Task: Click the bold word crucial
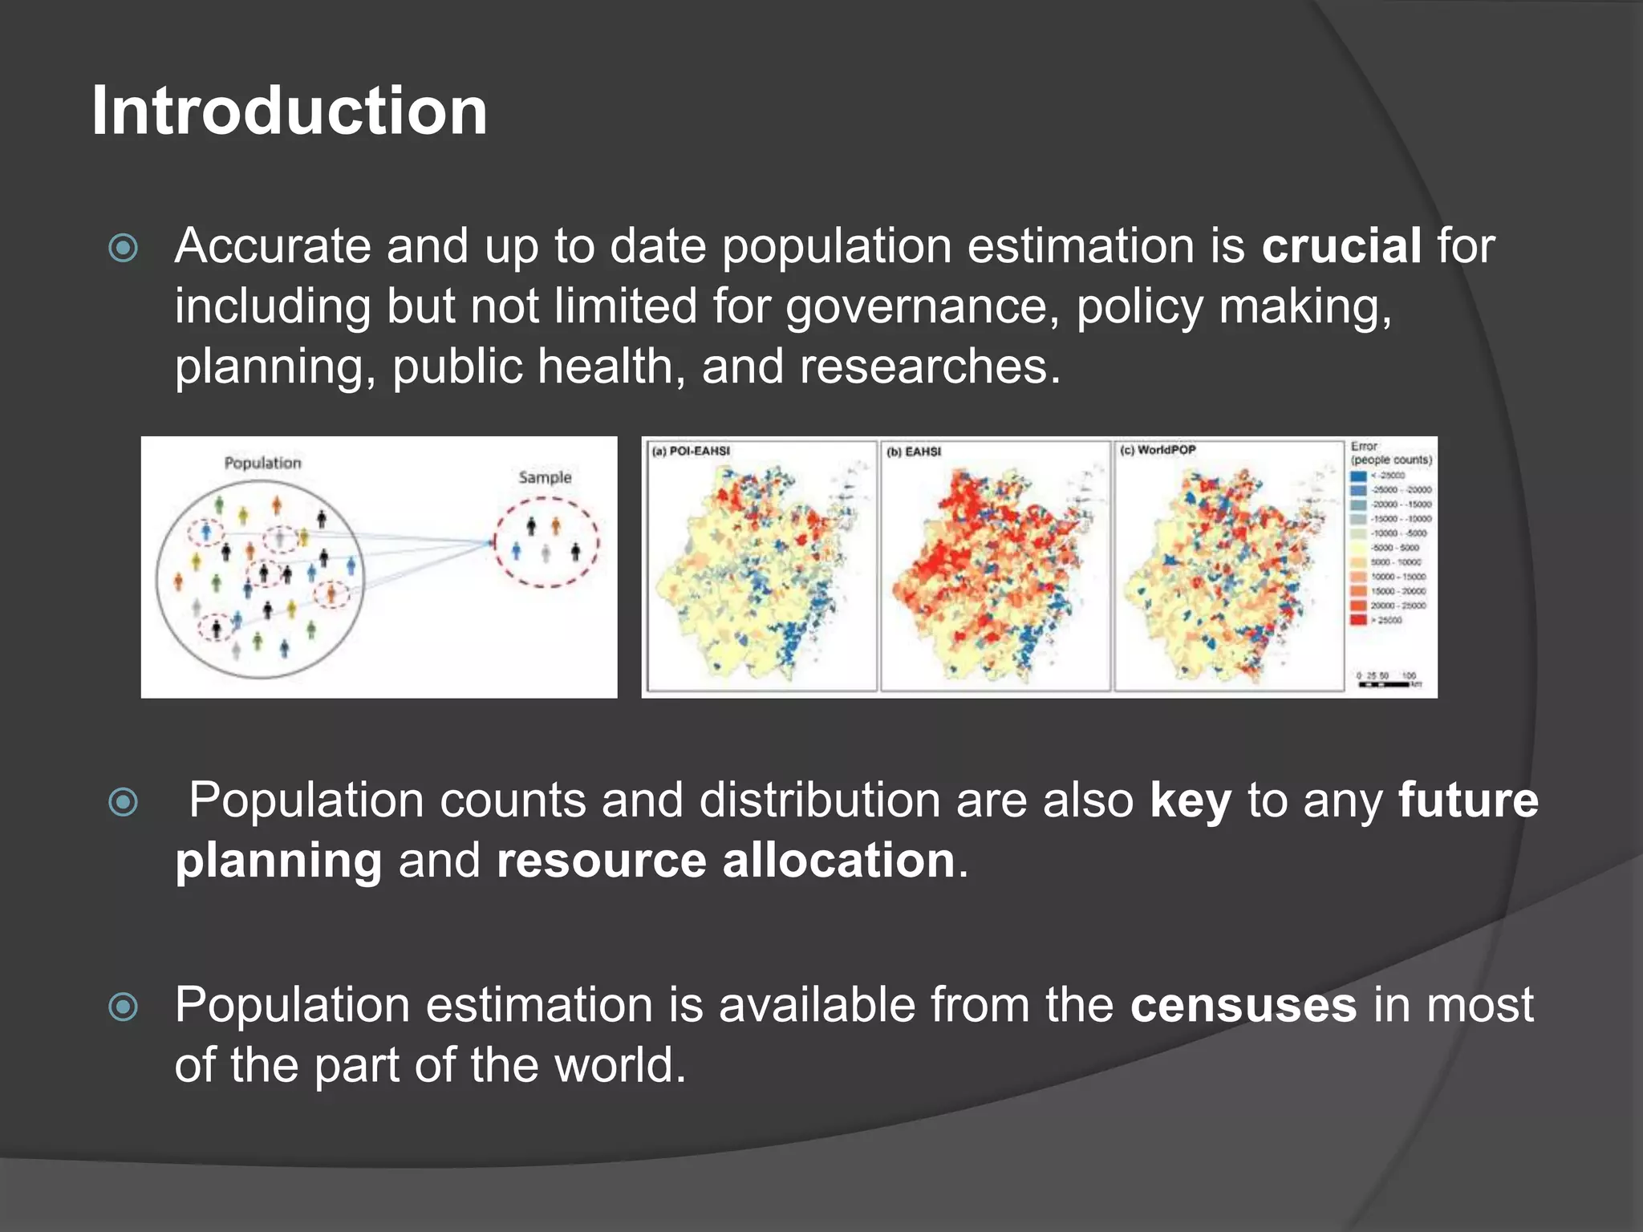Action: tap(1341, 245)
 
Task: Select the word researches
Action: tap(923, 367)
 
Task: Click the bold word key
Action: tap(1190, 800)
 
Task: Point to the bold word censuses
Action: tap(1243, 1005)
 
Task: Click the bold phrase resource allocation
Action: tap(725, 861)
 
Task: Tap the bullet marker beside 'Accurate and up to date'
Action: tap(124, 248)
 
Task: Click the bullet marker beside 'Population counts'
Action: tap(124, 801)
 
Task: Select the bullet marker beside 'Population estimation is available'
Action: tap(124, 1007)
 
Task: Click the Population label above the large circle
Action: tap(262, 463)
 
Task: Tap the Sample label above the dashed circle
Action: tap(545, 477)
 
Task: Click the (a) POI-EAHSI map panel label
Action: tap(691, 452)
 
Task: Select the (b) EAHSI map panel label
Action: tap(914, 452)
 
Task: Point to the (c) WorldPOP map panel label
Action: tap(1157, 450)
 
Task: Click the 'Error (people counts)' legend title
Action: tap(1390, 453)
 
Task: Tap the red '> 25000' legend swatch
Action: tap(1358, 619)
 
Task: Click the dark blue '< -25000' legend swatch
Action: tap(1358, 476)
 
